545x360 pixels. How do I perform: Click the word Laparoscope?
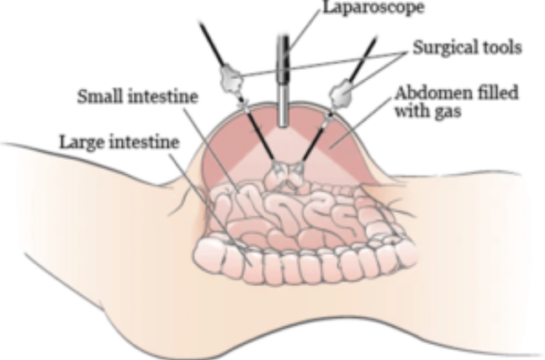[x=373, y=8]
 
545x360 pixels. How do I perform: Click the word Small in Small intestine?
[x=101, y=96]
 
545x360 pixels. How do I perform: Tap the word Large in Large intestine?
[x=82, y=142]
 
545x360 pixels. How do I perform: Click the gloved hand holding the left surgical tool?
[x=231, y=79]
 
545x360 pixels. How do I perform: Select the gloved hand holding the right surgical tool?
[x=341, y=92]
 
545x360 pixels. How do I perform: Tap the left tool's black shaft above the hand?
[x=212, y=44]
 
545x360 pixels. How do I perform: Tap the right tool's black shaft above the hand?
[x=362, y=58]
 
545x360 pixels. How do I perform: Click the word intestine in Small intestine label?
[x=163, y=96]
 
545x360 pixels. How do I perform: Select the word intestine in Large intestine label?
[x=145, y=142]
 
